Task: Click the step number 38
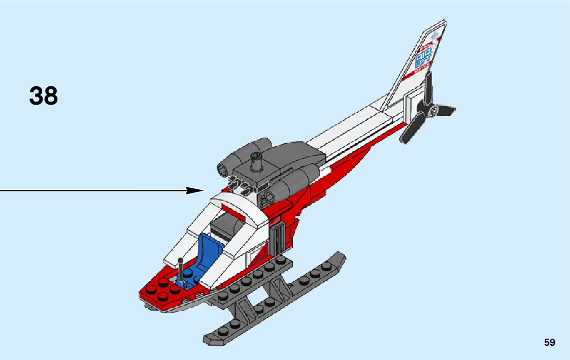coord(44,96)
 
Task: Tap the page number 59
coord(549,342)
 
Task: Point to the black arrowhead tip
coord(203,190)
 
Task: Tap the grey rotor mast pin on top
coord(257,163)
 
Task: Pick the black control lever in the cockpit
coord(180,269)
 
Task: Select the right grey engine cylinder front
coord(267,196)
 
